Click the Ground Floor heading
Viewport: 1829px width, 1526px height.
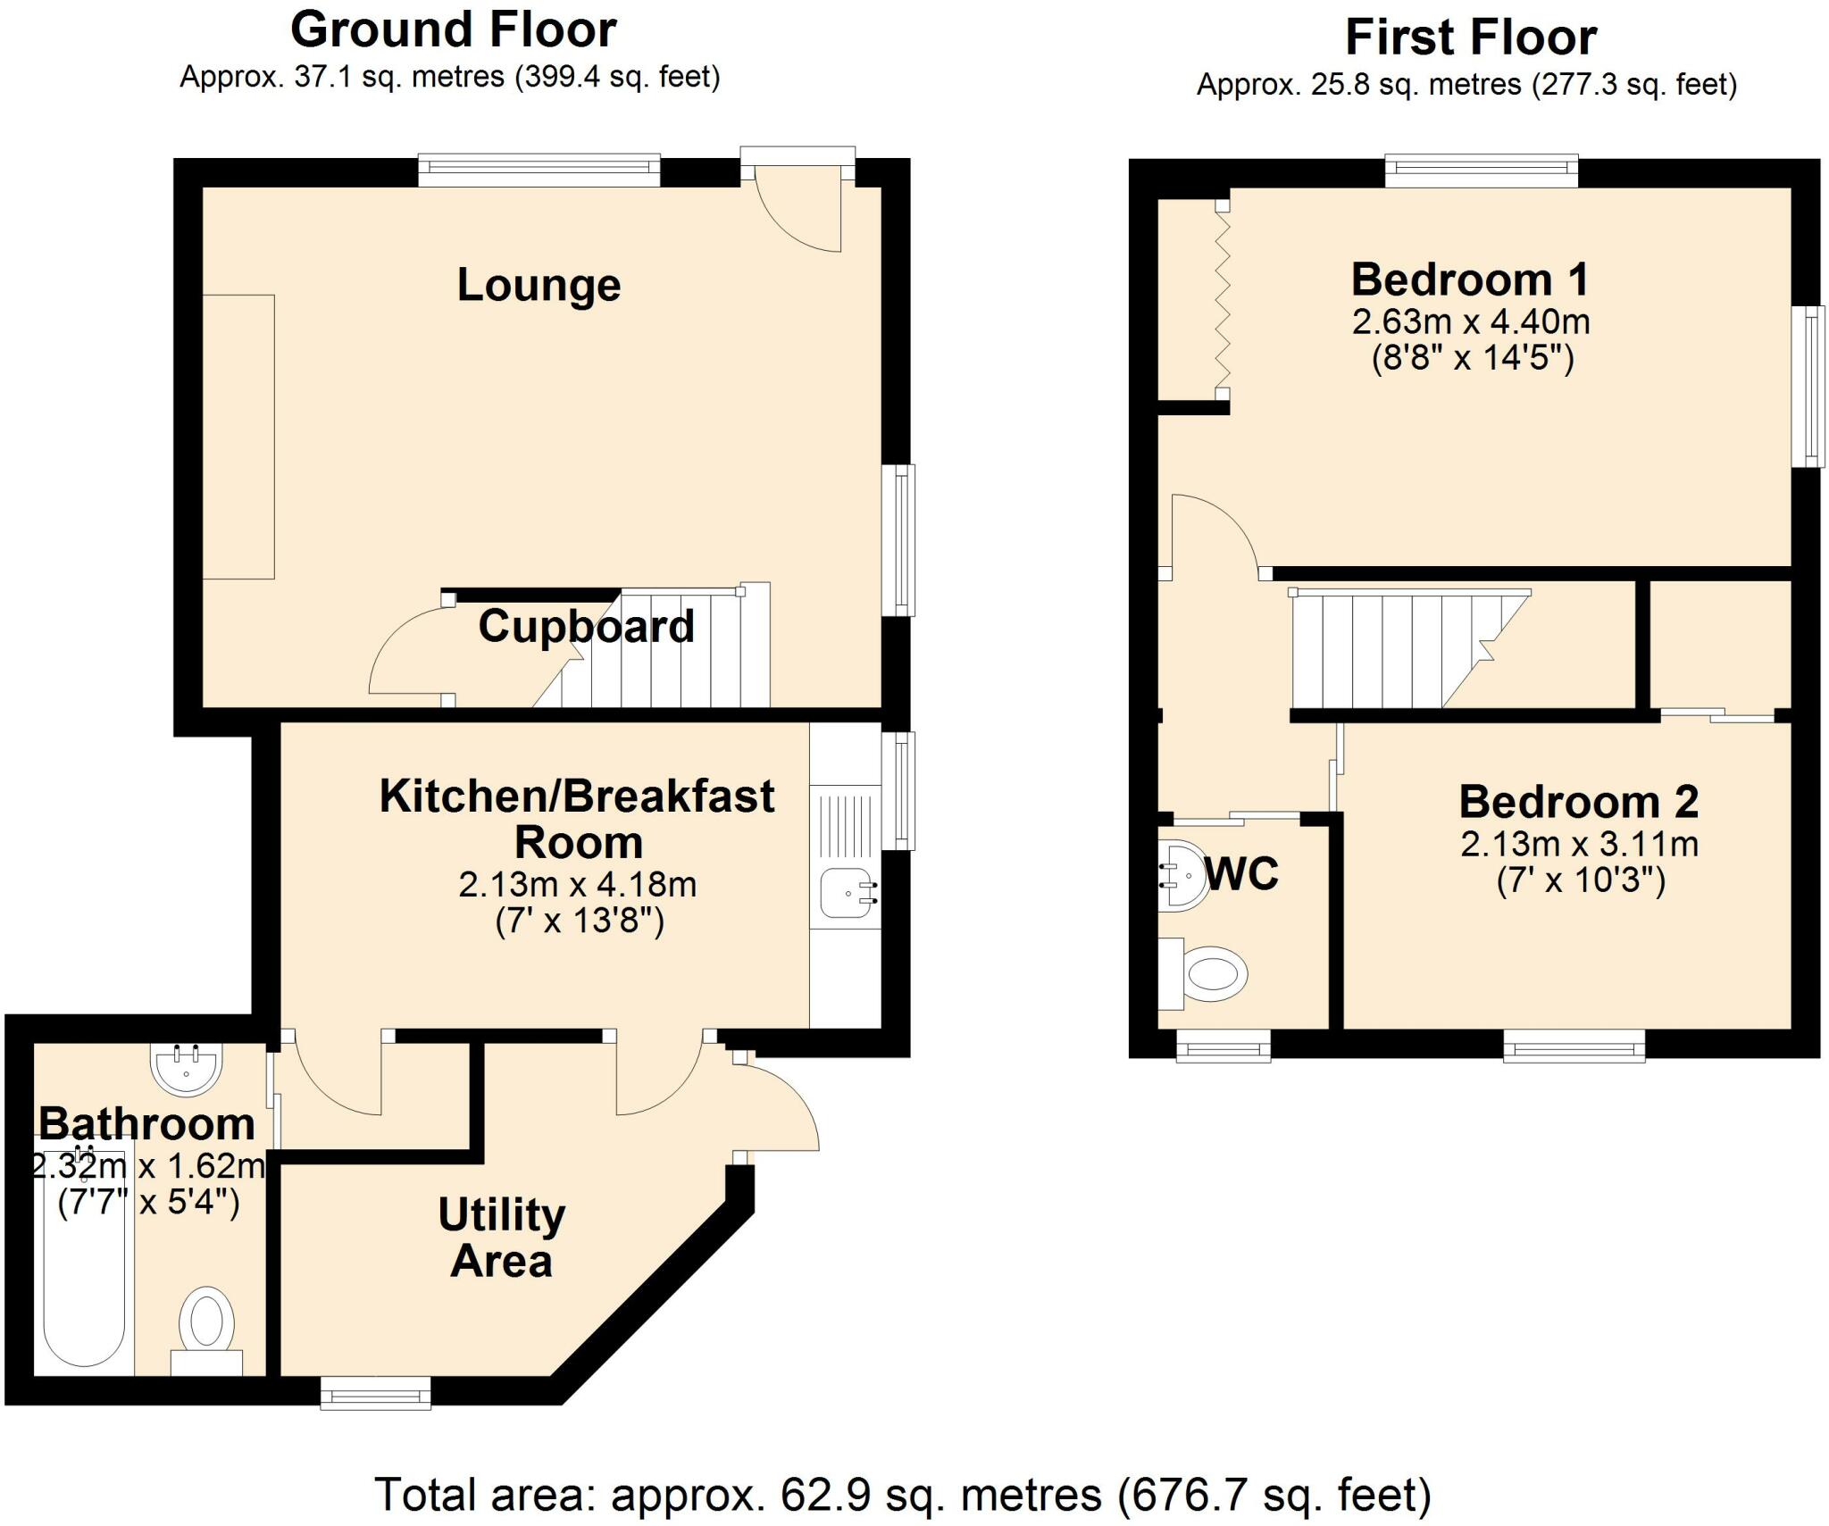pos(453,30)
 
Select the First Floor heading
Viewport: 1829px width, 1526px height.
pos(1470,38)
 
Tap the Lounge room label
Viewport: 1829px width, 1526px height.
pos(539,285)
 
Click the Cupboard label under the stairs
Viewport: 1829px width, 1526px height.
pos(586,626)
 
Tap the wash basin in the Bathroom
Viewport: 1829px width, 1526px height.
pos(185,1066)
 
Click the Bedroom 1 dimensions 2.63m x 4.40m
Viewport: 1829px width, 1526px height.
pos(1470,321)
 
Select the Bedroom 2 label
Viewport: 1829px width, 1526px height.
pos(1578,801)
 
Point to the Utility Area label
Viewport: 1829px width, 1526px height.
pos(502,1238)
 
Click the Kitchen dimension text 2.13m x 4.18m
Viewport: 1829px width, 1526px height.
pos(577,884)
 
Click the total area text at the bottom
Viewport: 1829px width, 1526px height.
pos(902,1495)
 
